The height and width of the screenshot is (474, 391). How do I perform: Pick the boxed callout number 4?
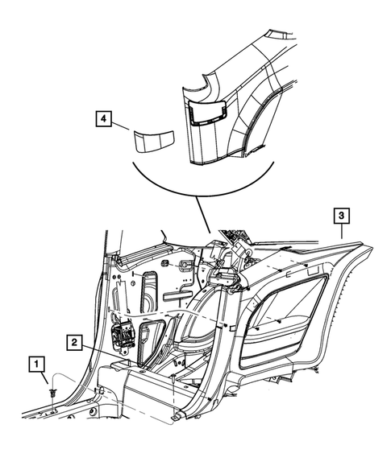pyautogui.click(x=102, y=120)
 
